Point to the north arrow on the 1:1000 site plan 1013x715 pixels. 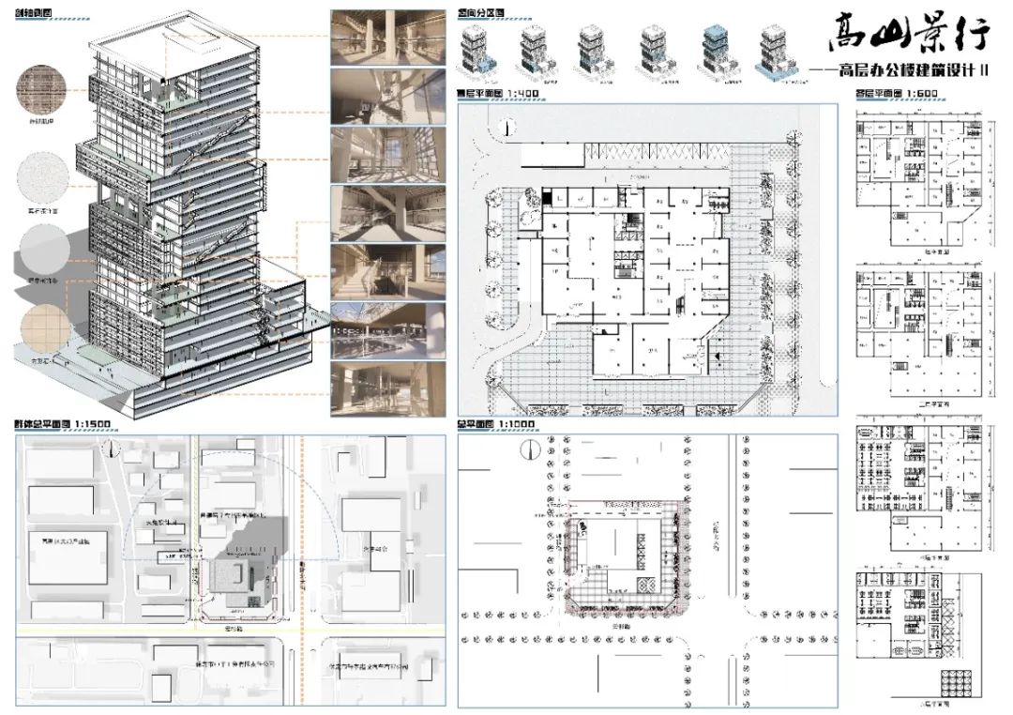tap(527, 450)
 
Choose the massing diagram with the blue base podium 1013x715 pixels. tap(773, 52)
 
